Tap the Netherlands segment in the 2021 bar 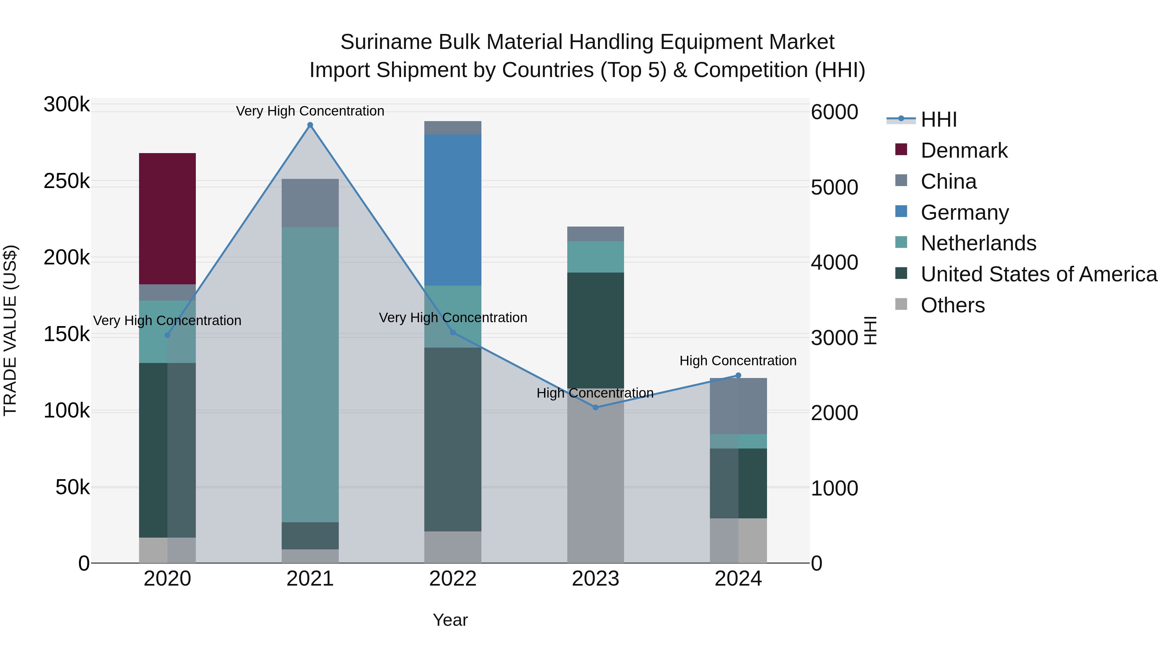310,374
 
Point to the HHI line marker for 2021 310,125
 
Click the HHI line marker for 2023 595,407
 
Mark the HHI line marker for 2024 739,375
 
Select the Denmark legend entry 963,150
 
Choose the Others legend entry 952,305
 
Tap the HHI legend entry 938,119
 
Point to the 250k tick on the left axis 67,181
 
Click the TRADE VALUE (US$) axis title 10,330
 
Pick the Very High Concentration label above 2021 310,111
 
